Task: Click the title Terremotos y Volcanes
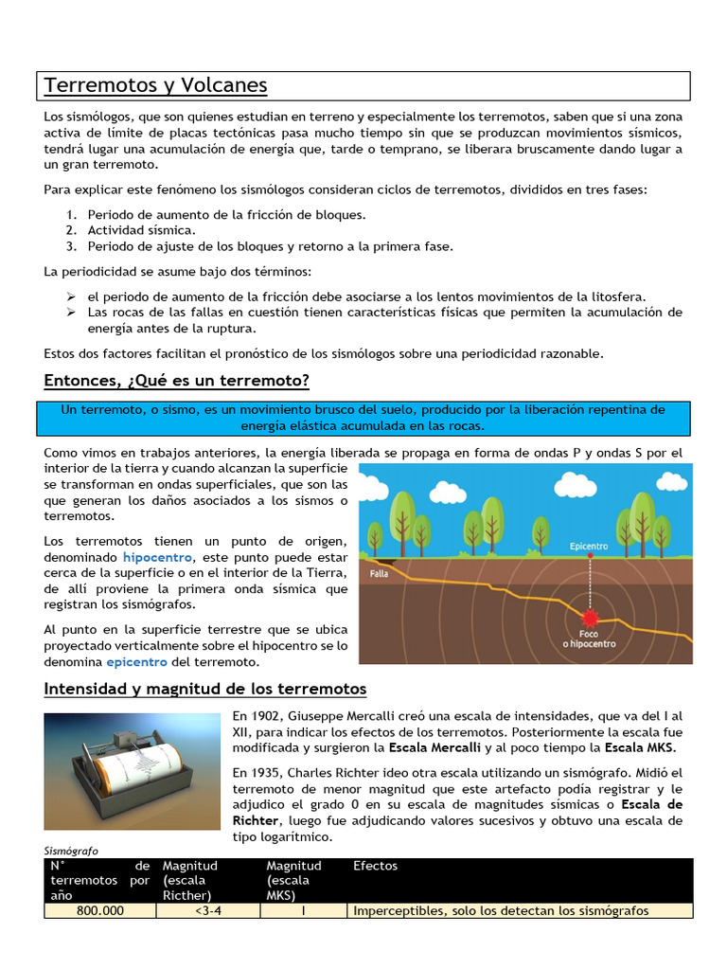156,86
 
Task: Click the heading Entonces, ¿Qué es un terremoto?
177,381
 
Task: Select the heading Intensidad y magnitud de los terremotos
205,688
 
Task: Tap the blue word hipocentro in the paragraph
157,558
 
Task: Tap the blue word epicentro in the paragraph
136,661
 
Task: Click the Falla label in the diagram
380,573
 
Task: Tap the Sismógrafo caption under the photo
71,851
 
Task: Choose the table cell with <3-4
207,910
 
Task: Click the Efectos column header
375,866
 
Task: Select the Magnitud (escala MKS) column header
294,880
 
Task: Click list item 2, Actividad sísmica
141,230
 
